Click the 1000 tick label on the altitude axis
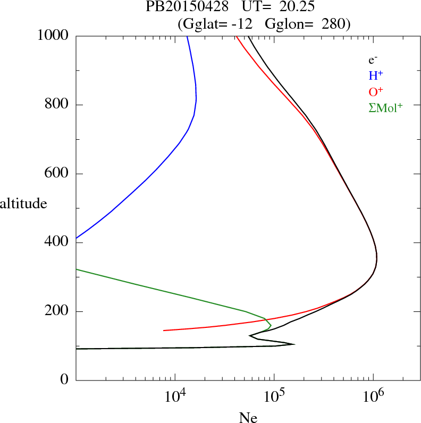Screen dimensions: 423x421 click(x=54, y=36)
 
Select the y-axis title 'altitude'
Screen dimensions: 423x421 click(x=24, y=204)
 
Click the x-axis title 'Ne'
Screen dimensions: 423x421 click(x=248, y=418)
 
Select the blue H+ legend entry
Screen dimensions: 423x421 click(x=376, y=76)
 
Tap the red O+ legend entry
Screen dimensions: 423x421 click(x=376, y=91)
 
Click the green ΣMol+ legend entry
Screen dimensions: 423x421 click(x=385, y=107)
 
